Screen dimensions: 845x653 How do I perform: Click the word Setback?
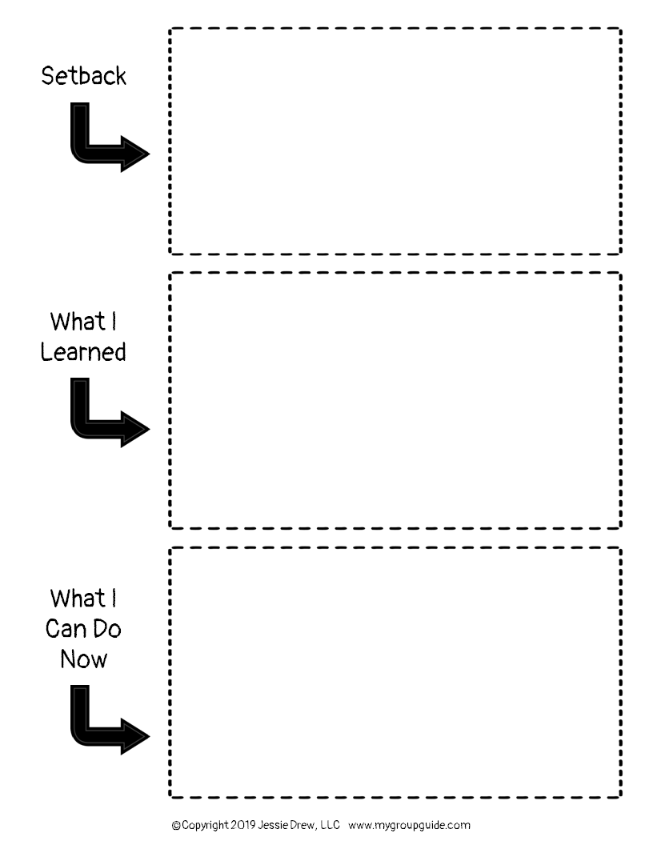click(x=83, y=77)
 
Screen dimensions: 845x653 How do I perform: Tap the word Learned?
click(x=83, y=352)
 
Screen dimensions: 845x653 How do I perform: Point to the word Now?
click(x=83, y=659)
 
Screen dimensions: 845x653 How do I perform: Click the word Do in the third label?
click(x=106, y=629)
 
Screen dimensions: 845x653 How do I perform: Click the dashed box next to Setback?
click(x=395, y=142)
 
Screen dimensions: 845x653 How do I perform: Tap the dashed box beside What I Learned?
click(x=395, y=400)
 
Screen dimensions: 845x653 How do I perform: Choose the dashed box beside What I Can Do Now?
click(x=395, y=672)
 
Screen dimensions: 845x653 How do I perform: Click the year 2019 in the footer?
click(x=245, y=825)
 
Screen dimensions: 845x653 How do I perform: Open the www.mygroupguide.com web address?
click(x=409, y=825)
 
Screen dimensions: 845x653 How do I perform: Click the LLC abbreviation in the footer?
click(x=331, y=825)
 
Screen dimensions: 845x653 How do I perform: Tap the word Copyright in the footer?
click(x=204, y=825)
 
